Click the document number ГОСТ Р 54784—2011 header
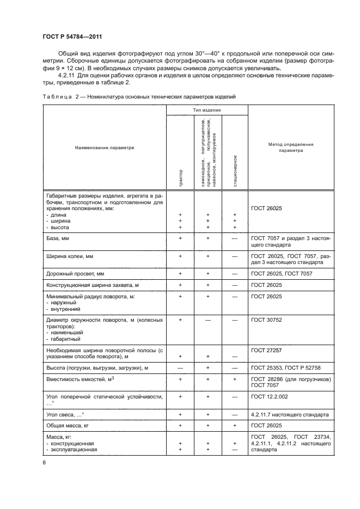(72, 36)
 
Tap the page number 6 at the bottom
(44, 462)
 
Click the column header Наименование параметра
(104, 147)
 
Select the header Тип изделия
(207, 109)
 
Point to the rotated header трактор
(180, 179)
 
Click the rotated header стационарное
(235, 171)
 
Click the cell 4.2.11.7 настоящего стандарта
(290, 414)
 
